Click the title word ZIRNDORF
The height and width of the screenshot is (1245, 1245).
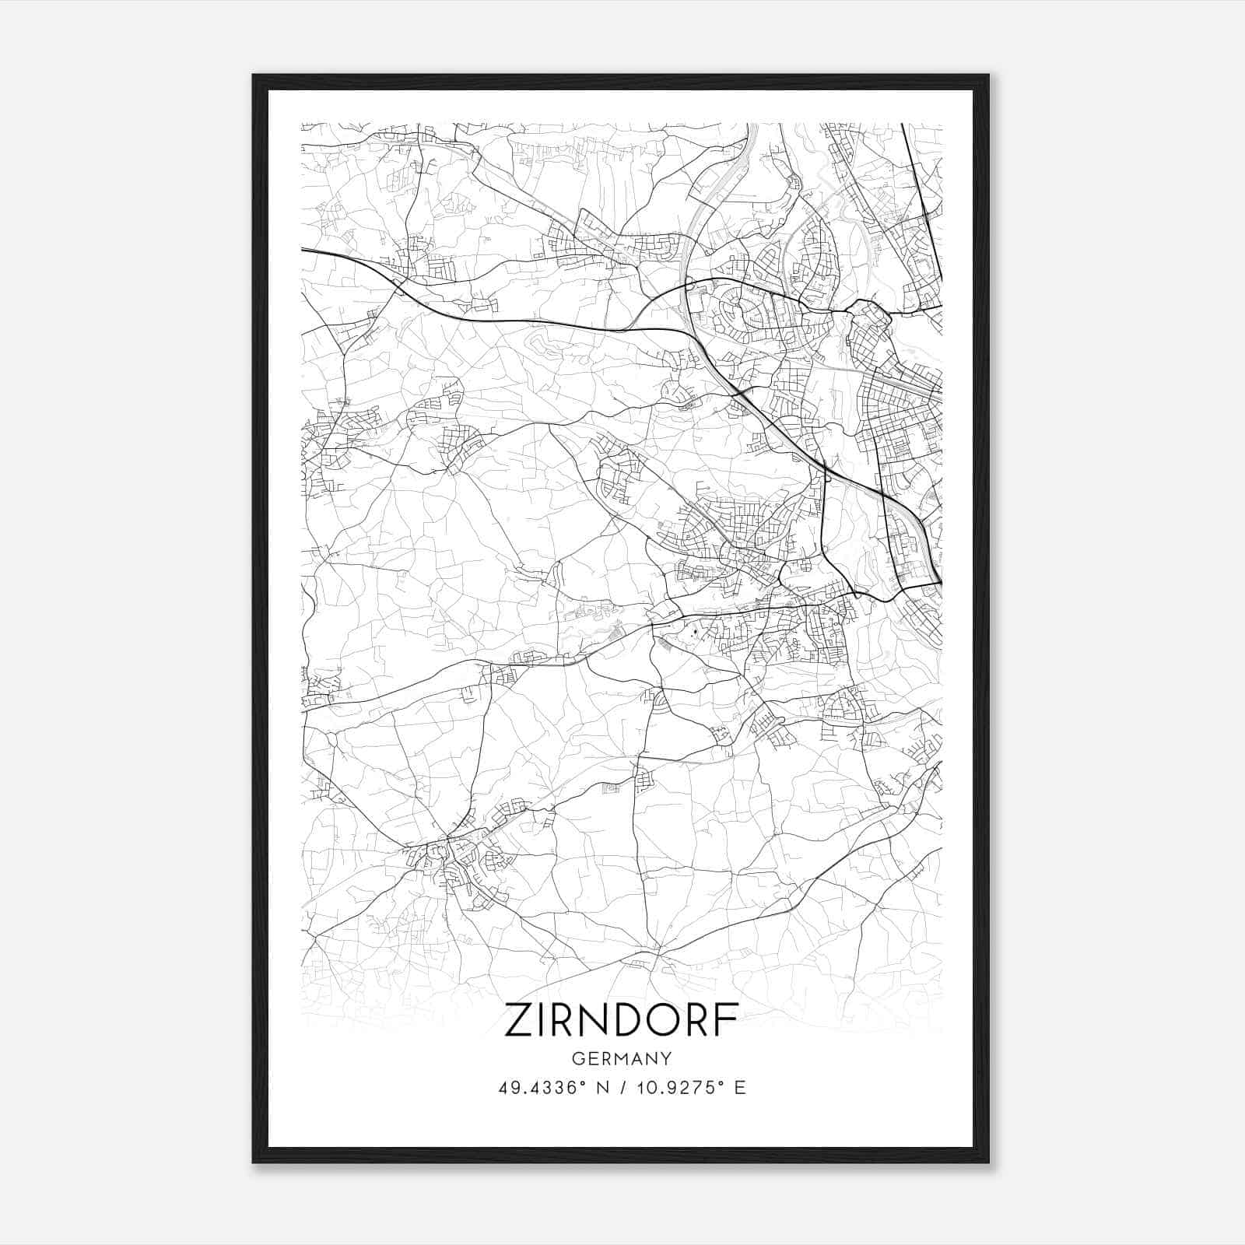point(622,1020)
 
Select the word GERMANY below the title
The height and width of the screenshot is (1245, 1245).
point(622,1058)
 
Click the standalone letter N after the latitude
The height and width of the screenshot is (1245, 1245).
point(601,1088)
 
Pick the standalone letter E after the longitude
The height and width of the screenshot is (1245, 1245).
point(740,1088)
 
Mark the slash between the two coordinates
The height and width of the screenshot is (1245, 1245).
point(622,1088)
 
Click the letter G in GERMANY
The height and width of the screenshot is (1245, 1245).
point(577,1058)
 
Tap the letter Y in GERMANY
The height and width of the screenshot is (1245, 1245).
point(666,1058)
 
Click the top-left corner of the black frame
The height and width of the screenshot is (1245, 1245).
point(254,75)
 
